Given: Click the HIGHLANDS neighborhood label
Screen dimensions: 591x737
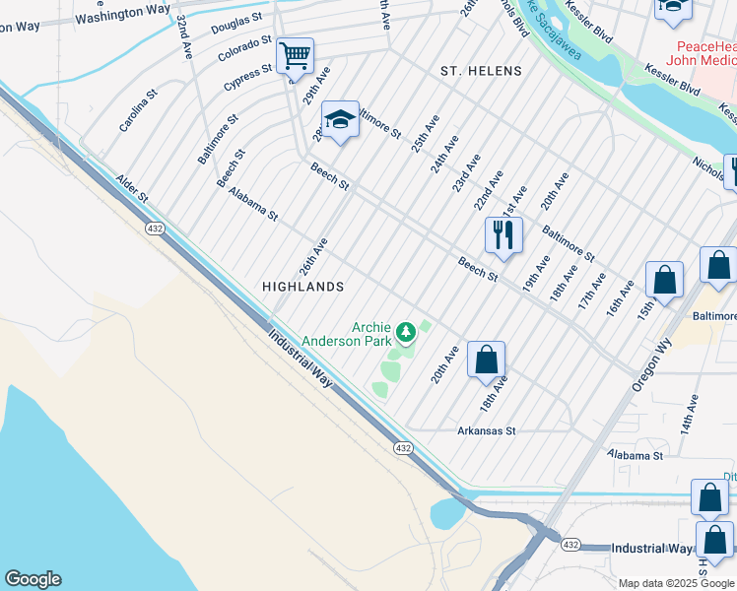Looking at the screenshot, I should (x=302, y=287).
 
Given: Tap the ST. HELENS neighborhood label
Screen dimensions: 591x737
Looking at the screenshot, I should (x=481, y=72).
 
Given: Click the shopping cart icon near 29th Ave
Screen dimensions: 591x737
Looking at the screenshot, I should (x=296, y=57).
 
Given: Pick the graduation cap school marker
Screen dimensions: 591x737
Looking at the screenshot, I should (x=340, y=120).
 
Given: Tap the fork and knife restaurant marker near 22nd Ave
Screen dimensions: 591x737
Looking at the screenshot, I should (x=502, y=234).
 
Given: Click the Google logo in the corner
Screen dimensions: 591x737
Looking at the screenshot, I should (x=33, y=579).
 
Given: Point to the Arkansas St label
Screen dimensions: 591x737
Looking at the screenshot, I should (x=487, y=431).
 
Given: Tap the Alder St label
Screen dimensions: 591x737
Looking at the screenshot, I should (x=131, y=189).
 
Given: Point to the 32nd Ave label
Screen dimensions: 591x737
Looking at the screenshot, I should (x=184, y=38).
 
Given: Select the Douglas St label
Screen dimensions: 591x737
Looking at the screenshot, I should (x=236, y=24).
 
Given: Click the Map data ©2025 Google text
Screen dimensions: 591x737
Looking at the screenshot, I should (x=676, y=583).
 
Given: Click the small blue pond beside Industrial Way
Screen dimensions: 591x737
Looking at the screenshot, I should (x=449, y=513).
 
